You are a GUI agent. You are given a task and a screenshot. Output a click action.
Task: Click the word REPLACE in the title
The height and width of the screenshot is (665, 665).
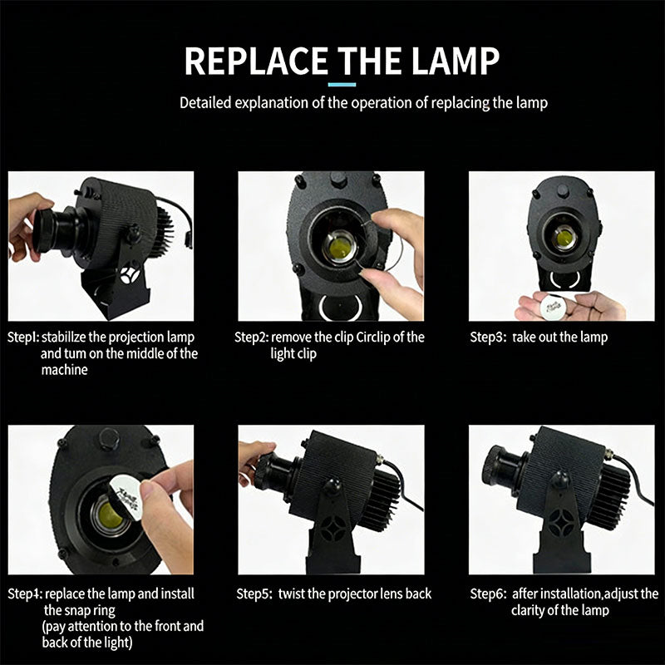tap(256, 61)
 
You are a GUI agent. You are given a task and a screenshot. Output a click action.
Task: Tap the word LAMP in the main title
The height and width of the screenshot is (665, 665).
tap(455, 61)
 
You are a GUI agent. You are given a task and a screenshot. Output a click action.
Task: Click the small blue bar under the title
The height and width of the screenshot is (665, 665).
tap(342, 85)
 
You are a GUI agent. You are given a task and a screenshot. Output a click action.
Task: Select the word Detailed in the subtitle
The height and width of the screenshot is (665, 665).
tap(205, 103)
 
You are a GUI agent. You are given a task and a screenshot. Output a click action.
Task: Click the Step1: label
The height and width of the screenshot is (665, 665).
tap(23, 337)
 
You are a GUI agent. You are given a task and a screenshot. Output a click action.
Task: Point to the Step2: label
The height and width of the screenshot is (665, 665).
tap(252, 337)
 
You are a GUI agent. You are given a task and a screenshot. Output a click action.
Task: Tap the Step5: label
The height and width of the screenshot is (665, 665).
tap(254, 594)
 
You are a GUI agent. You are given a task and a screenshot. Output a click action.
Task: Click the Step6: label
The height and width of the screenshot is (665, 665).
tap(488, 594)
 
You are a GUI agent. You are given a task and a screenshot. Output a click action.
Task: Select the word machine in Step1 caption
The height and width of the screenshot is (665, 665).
tap(65, 370)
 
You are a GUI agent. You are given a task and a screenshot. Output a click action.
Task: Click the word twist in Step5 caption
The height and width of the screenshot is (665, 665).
tap(292, 594)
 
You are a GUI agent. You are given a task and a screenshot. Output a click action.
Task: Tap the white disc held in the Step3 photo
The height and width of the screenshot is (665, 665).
tap(553, 304)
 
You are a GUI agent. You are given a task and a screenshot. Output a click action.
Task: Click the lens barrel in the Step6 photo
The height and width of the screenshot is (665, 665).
tap(504, 470)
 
